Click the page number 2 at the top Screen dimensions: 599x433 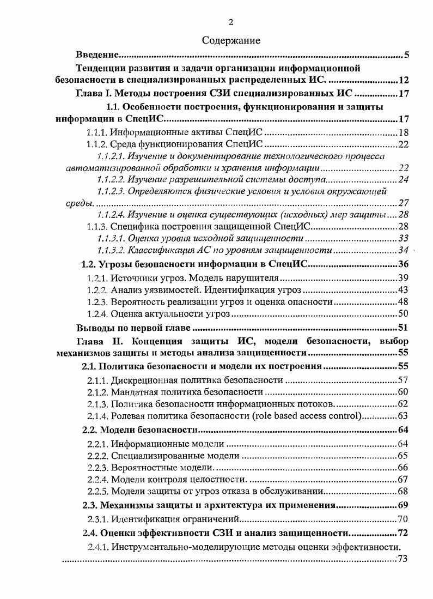click(x=231, y=22)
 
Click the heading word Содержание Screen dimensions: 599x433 click(x=231, y=40)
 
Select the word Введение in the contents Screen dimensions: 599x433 click(x=96, y=55)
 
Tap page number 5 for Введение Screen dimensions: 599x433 click(x=407, y=55)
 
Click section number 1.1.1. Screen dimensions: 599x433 click(x=97, y=132)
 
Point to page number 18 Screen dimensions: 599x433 click(x=404, y=132)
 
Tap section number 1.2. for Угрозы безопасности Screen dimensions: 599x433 click(x=88, y=265)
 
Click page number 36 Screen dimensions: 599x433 click(x=404, y=265)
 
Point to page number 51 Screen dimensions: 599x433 click(x=404, y=328)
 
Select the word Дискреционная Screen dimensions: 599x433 click(x=143, y=380)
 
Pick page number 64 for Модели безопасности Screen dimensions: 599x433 click(x=404, y=431)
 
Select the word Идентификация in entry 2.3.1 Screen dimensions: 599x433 click(x=143, y=519)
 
